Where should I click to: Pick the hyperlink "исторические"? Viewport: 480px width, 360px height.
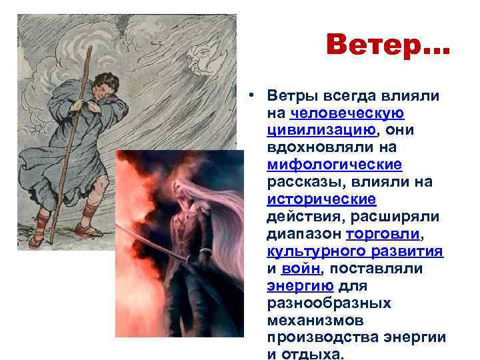click(x=321, y=199)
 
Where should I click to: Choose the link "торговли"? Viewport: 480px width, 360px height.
click(x=383, y=233)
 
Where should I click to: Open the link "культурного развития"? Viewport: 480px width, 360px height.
click(x=355, y=251)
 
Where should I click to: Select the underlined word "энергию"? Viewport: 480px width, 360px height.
click(x=300, y=285)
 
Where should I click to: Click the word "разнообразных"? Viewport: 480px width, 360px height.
click(x=329, y=303)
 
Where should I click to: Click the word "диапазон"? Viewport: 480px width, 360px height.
click(x=303, y=233)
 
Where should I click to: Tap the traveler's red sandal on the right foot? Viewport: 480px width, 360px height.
click(x=87, y=230)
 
